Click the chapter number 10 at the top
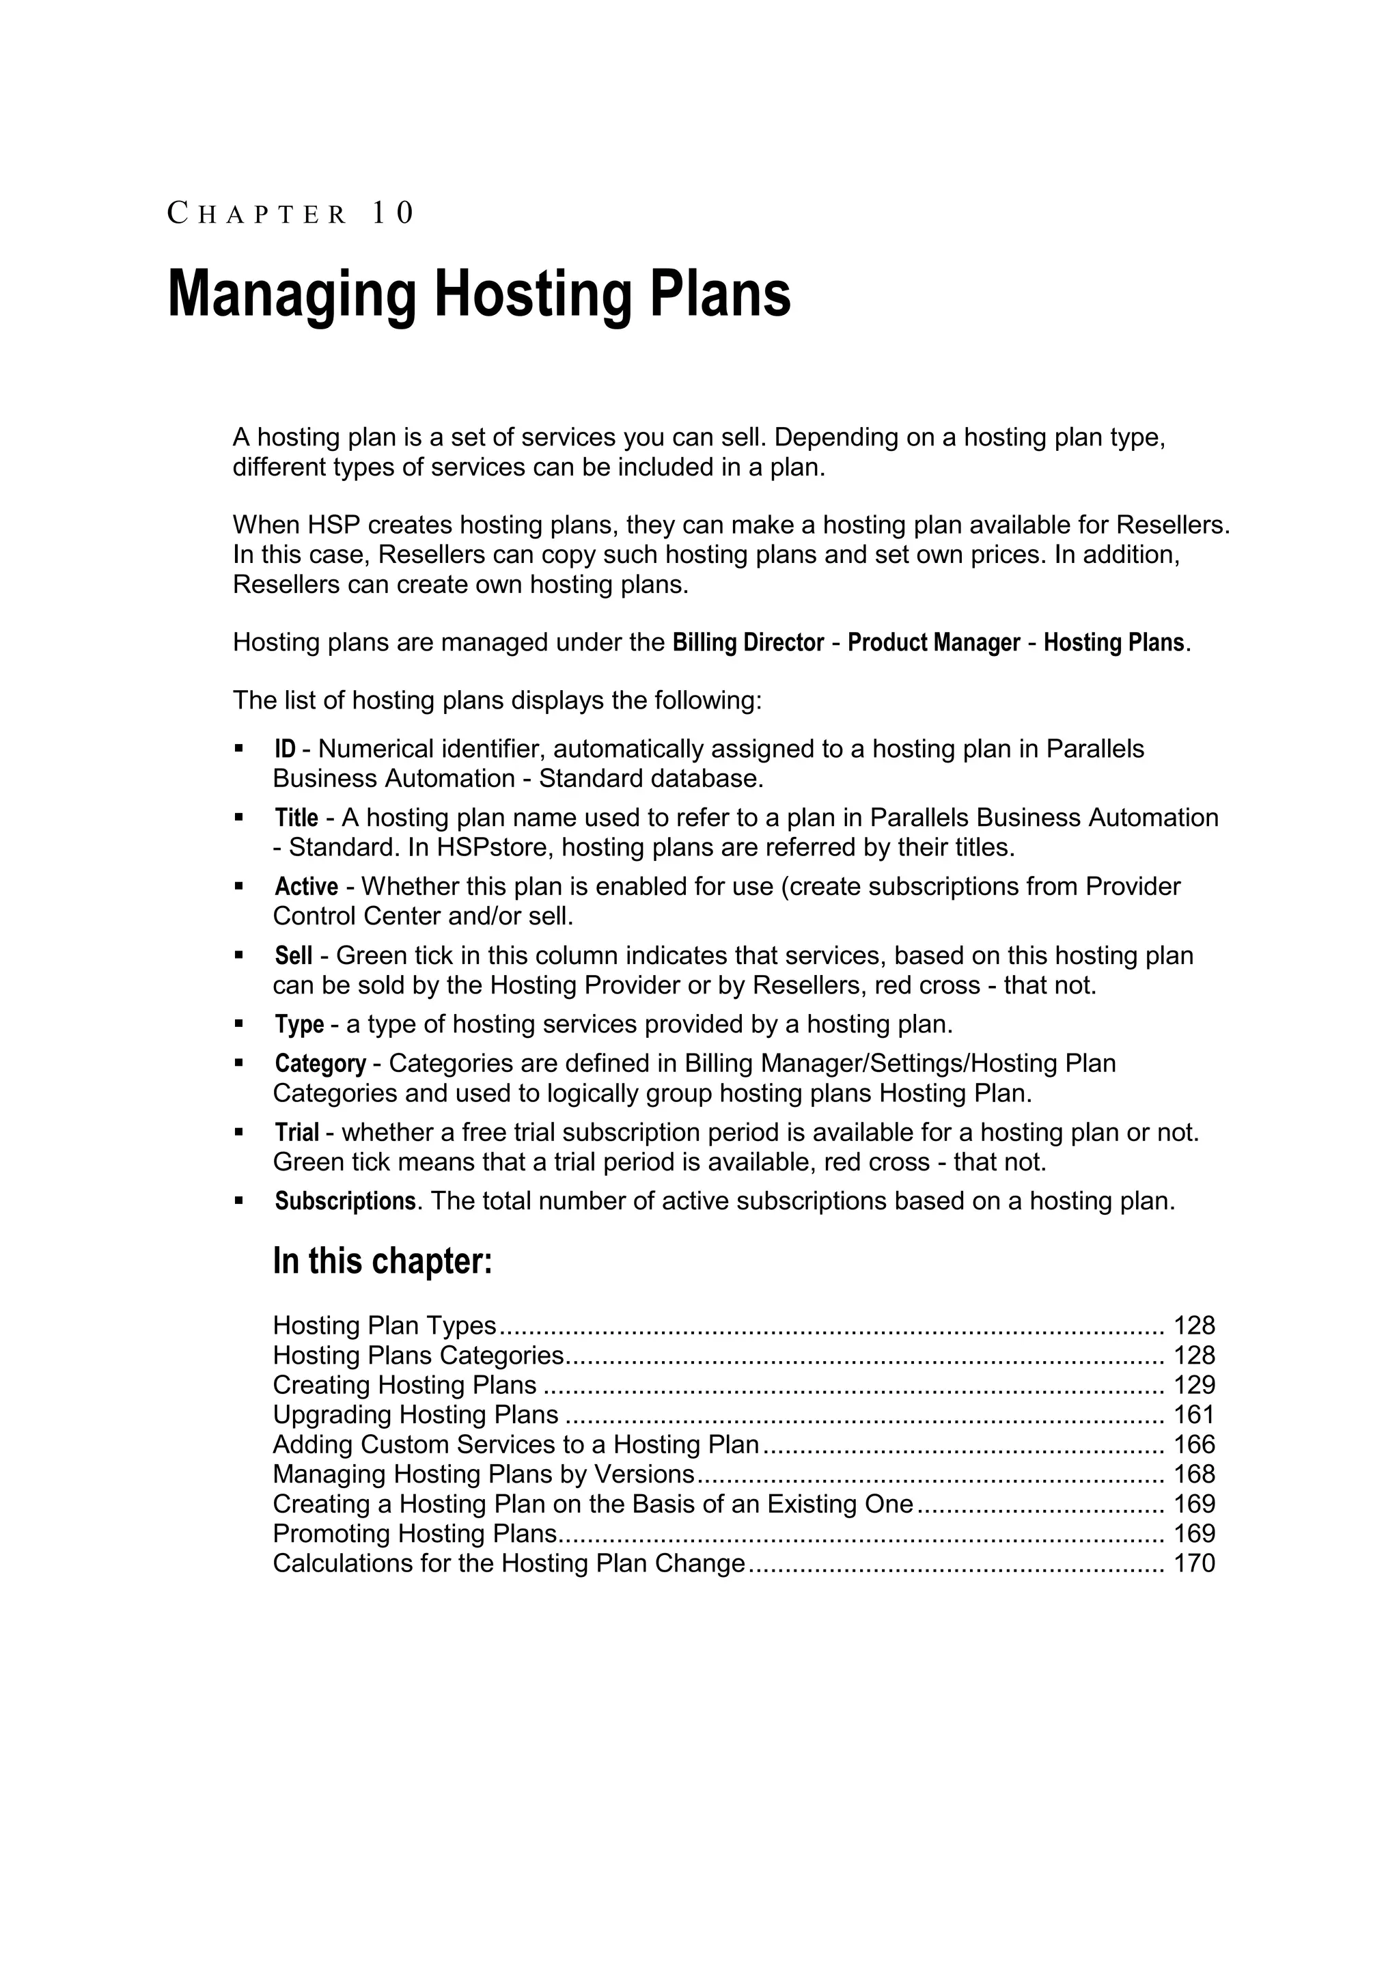(x=393, y=212)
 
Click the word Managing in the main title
(x=291, y=294)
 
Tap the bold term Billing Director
(x=748, y=643)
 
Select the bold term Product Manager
(x=934, y=643)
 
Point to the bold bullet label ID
(x=284, y=750)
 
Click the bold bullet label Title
(x=296, y=818)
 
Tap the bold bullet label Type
(x=299, y=1024)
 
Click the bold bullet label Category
(x=320, y=1064)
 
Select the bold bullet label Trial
(x=296, y=1132)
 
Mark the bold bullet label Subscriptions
(x=344, y=1201)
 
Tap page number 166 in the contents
(x=1194, y=1445)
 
